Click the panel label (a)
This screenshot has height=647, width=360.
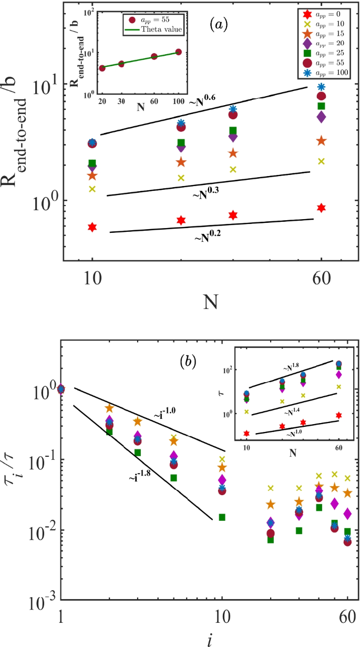coord(218,24)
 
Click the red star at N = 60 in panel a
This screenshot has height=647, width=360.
coord(321,208)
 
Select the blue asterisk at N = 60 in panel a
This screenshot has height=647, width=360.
coord(321,87)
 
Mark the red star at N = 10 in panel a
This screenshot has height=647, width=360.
coord(92,227)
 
